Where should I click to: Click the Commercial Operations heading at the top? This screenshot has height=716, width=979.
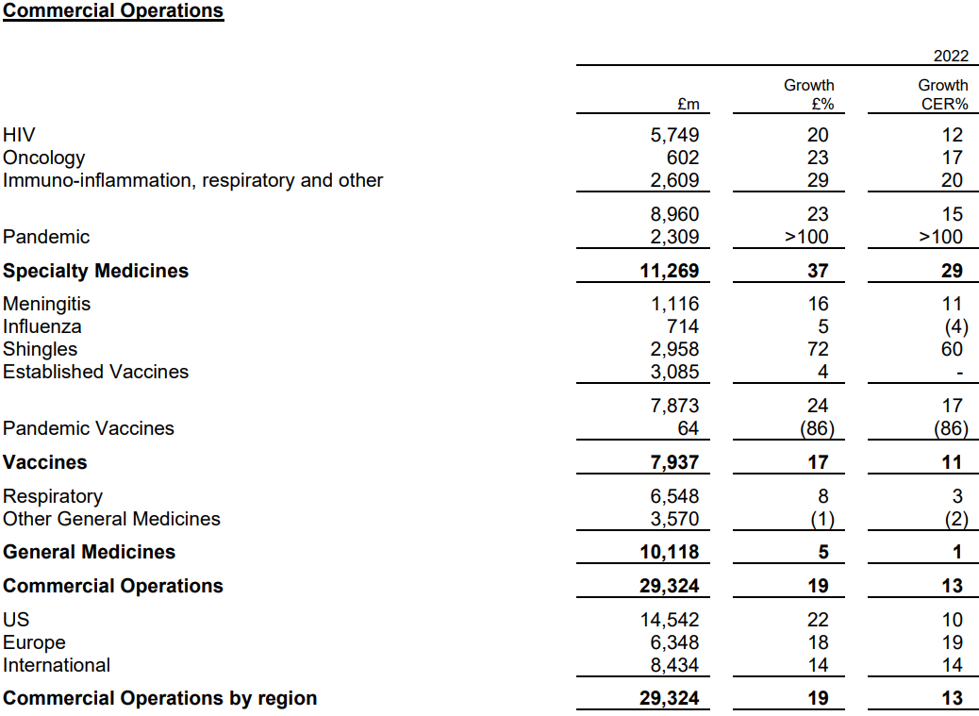[x=113, y=11]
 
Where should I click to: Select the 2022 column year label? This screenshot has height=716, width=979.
[x=951, y=57]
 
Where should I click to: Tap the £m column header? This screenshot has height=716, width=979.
[x=688, y=104]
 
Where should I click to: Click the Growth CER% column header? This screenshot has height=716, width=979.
[x=943, y=94]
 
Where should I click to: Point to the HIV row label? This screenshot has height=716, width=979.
[x=19, y=135]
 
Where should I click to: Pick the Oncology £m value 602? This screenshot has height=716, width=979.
[x=682, y=158]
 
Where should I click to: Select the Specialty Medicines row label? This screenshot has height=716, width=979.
[x=95, y=271]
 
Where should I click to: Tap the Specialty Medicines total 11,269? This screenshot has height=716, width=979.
[x=669, y=271]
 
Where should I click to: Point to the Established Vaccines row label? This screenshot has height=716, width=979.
[x=95, y=372]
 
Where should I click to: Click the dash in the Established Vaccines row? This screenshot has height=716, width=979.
[x=959, y=373]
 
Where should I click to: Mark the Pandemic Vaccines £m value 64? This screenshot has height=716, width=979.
[x=688, y=428]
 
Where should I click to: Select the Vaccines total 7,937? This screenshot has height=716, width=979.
[x=672, y=462]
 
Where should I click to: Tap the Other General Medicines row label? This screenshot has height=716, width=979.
[x=111, y=519]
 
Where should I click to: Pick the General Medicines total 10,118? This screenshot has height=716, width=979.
[x=669, y=552]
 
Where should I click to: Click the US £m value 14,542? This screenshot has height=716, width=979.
[x=669, y=620]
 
